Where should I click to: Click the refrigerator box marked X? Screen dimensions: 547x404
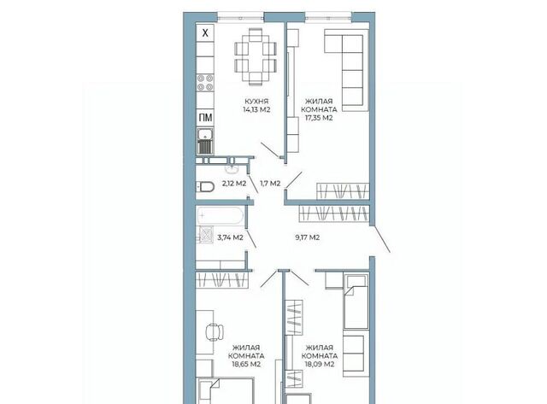click(205, 33)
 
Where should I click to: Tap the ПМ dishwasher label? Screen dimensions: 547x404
click(205, 118)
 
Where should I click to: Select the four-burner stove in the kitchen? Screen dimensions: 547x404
click(205, 83)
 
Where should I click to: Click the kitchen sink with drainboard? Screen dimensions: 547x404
click(205, 142)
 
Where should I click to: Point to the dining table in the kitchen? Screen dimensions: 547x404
click(256, 57)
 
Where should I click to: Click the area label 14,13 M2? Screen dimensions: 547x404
click(256, 109)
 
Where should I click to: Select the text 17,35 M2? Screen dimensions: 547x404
click(319, 118)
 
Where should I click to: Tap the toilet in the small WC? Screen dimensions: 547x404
click(205, 187)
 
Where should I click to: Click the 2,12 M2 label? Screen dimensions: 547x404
click(234, 184)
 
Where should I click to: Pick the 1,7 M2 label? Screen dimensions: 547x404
click(270, 184)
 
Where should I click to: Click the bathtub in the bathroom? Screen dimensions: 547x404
click(221, 216)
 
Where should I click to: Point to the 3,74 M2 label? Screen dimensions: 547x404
click(230, 237)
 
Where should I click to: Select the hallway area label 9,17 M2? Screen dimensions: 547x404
click(308, 237)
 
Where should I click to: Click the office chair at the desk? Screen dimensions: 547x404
click(215, 332)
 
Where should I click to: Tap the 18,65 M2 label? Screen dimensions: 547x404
click(246, 364)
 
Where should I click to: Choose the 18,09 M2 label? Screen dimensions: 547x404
click(320, 364)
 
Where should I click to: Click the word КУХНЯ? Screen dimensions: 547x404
click(256, 102)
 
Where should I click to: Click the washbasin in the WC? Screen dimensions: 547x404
click(232, 169)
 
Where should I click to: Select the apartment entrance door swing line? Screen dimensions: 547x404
click(380, 239)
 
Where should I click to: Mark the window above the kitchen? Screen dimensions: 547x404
click(241, 16)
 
